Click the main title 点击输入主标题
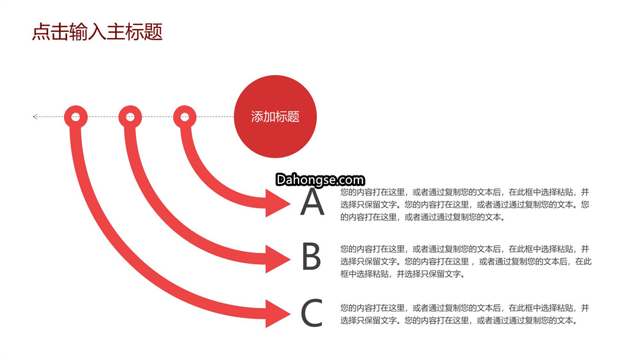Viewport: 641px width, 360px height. (x=97, y=32)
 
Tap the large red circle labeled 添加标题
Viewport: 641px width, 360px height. (x=275, y=116)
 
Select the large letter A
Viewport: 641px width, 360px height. (x=312, y=202)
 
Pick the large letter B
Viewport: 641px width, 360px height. (x=312, y=256)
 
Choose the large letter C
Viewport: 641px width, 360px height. (x=312, y=313)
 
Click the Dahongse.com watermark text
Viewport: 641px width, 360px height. (x=320, y=180)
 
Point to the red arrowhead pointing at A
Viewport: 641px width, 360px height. (x=278, y=203)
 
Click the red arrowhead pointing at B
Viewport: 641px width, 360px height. (x=278, y=259)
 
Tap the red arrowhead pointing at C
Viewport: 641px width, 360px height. (x=278, y=314)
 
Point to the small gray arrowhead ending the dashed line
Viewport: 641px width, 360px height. (x=35, y=117)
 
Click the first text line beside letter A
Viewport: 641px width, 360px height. (x=465, y=192)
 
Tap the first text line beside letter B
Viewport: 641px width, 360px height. (x=465, y=249)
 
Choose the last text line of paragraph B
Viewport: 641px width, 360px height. (x=403, y=274)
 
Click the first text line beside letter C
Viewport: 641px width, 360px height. (x=465, y=308)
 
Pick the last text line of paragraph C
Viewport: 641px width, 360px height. (x=459, y=320)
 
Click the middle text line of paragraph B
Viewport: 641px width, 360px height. (x=466, y=262)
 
